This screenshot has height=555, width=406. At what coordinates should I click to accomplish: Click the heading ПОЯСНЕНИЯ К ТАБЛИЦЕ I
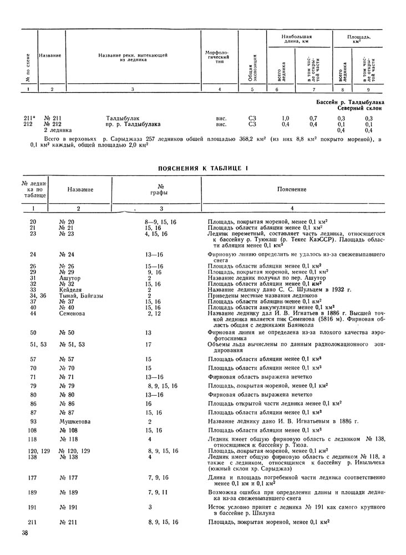tap(203, 168)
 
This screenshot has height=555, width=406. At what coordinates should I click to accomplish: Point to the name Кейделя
tap(70, 290)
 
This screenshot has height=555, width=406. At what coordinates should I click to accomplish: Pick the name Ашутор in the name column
tap(69, 278)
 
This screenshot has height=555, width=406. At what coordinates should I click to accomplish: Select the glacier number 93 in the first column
tap(34, 422)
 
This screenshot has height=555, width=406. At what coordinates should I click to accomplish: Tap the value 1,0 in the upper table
tap(285, 118)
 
